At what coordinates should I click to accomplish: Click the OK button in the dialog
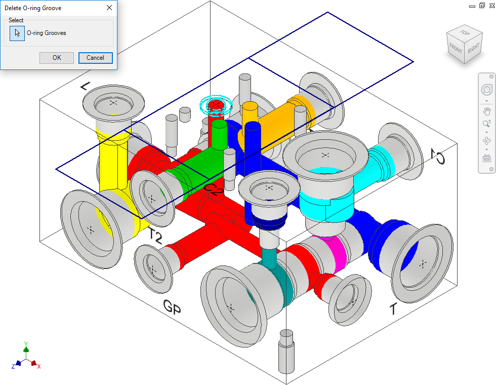tap(57, 58)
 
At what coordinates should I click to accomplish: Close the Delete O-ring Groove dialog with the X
tap(109, 8)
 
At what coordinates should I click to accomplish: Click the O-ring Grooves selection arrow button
tap(17, 33)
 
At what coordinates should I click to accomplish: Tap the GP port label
tap(172, 306)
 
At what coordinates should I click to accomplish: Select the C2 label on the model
tap(214, 189)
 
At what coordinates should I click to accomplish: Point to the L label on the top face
tap(85, 86)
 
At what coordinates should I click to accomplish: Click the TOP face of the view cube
tap(465, 33)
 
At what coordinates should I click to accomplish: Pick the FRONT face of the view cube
tap(456, 49)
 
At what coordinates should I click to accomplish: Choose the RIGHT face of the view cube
tap(474, 48)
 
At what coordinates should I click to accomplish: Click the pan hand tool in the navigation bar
tap(487, 111)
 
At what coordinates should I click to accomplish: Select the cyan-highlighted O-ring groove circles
tap(216, 104)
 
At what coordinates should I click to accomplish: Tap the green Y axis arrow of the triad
tap(26, 349)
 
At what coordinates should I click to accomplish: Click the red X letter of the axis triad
tap(39, 367)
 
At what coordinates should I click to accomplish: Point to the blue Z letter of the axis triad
tap(13, 367)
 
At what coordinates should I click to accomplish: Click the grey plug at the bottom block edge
tap(286, 351)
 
